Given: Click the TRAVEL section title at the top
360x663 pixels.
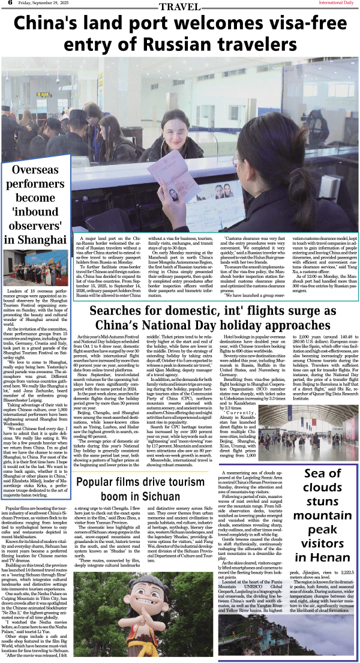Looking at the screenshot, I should (179, 7).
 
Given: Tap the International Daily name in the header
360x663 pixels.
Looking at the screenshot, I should (335, 4).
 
